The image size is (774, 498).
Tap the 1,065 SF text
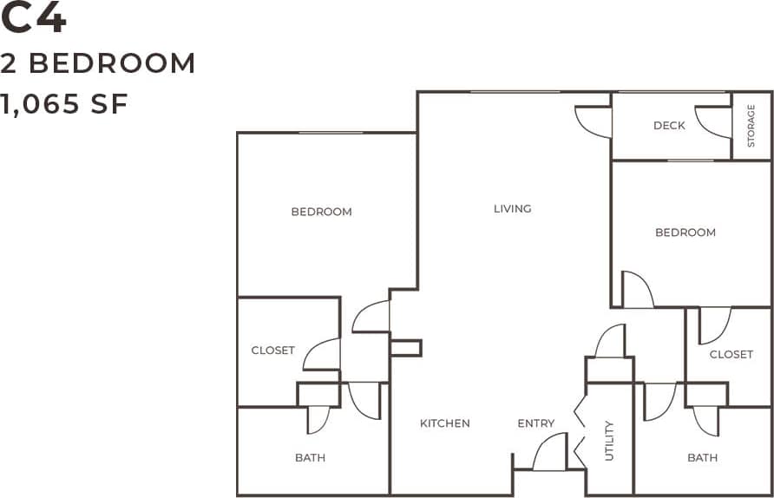pyautogui.click(x=64, y=104)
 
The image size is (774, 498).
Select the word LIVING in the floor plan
pyautogui.click(x=512, y=208)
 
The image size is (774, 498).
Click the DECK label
pyautogui.click(x=669, y=126)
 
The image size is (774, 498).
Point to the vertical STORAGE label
pyautogui.click(x=751, y=126)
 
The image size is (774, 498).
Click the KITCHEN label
pyautogui.click(x=445, y=423)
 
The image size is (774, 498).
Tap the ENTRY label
pyautogui.click(x=535, y=423)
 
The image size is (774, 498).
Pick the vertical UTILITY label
pyautogui.click(x=609, y=440)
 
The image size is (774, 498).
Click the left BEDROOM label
pyautogui.click(x=321, y=212)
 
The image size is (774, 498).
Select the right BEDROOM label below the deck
pyautogui.click(x=685, y=233)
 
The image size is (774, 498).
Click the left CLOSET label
pyautogui.click(x=272, y=351)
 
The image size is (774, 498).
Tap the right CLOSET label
pyautogui.click(x=731, y=354)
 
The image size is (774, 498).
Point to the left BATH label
pyautogui.click(x=310, y=457)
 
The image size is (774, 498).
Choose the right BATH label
pyautogui.click(x=702, y=457)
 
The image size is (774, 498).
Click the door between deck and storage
pyautogui.click(x=714, y=122)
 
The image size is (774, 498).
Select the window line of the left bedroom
pyautogui.click(x=331, y=133)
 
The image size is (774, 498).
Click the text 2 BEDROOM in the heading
pyautogui.click(x=98, y=63)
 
